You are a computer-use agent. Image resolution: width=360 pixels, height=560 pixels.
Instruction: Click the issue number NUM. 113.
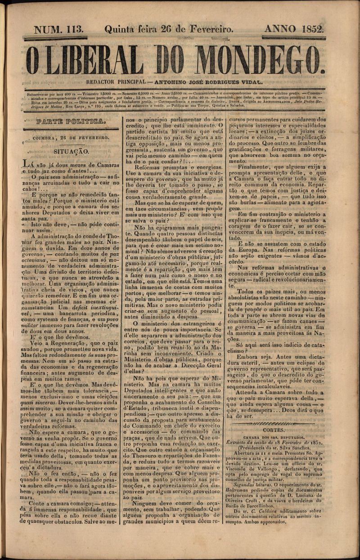point(59,30)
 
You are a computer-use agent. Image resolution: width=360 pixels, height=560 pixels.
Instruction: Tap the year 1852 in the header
point(309,30)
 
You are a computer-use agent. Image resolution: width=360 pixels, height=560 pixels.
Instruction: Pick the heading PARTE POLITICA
point(71,121)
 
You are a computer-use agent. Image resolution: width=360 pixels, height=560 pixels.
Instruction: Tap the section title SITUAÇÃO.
point(71,152)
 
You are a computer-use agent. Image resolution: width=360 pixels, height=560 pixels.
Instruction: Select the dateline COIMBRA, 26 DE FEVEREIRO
point(71,137)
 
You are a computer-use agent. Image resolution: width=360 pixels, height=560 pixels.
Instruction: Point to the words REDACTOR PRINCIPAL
point(116,82)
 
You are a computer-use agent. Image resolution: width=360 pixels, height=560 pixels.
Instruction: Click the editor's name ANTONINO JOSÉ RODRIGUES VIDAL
point(208,82)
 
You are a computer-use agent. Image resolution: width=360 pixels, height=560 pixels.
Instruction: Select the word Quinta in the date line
point(119,30)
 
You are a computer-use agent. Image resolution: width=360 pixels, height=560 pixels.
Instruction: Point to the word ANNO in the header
point(279,30)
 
